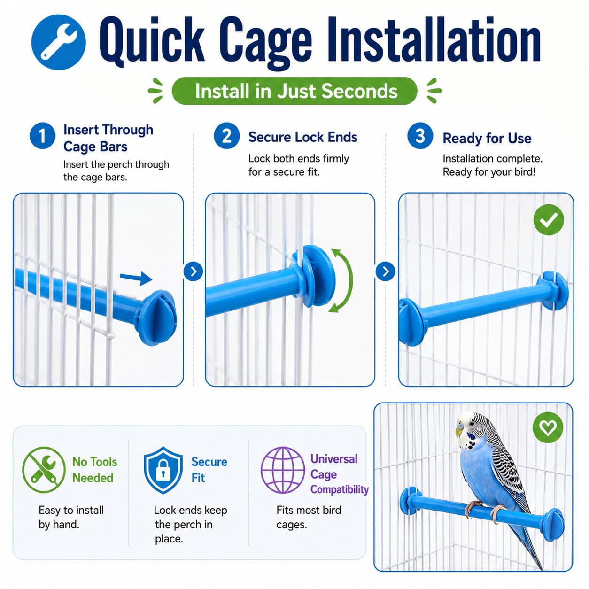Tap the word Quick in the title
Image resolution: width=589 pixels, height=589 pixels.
(x=152, y=41)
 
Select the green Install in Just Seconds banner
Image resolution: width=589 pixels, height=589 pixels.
(x=294, y=91)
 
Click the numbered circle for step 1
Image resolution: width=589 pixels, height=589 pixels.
(x=42, y=136)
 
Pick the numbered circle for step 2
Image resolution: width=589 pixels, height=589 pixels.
(x=226, y=136)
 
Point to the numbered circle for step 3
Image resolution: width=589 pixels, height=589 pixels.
(x=420, y=136)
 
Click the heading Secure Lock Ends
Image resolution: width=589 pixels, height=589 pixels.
(x=302, y=137)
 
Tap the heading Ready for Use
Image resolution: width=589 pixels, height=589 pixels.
(x=487, y=139)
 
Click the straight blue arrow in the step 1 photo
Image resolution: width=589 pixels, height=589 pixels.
(x=136, y=278)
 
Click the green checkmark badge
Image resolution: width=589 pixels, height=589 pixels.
(x=549, y=219)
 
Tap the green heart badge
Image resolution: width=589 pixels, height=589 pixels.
(x=548, y=427)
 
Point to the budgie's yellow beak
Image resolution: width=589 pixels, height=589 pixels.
(x=459, y=431)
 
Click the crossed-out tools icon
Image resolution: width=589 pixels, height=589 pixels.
(x=44, y=470)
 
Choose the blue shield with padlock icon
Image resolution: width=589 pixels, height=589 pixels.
(x=163, y=470)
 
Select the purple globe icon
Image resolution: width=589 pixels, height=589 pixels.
(x=283, y=470)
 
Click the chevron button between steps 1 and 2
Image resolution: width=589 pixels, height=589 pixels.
(x=194, y=271)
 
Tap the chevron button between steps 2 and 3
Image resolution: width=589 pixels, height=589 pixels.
(x=386, y=271)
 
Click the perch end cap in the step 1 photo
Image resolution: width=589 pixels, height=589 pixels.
(x=157, y=317)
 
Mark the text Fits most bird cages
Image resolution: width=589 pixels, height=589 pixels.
(x=309, y=517)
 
